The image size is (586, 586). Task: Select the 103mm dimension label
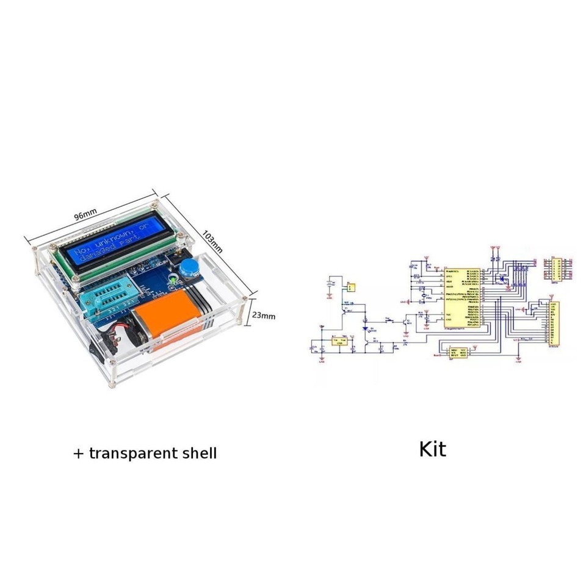(212, 241)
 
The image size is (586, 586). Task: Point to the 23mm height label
(264, 316)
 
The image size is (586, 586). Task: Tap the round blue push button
(190, 266)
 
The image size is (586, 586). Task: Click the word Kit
(432, 450)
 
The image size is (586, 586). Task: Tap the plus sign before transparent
(78, 454)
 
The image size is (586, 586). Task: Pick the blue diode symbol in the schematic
(366, 330)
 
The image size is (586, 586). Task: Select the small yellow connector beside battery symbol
(350, 286)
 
